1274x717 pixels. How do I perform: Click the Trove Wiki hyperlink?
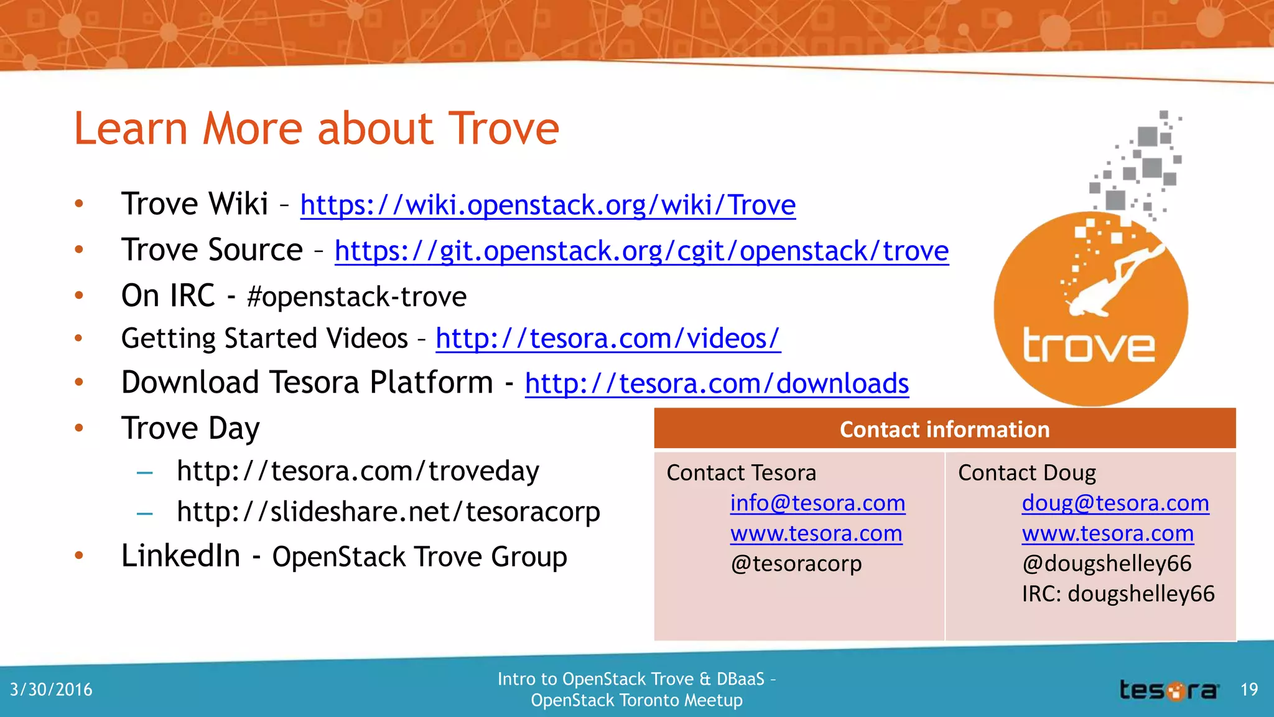tap(547, 205)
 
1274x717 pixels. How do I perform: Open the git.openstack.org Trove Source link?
tap(641, 251)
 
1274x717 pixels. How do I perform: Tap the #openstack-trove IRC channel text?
tap(356, 297)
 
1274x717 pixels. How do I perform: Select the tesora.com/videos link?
tap(608, 339)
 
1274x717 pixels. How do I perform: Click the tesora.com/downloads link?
tap(717, 383)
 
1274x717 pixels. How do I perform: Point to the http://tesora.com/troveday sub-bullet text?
tap(358, 471)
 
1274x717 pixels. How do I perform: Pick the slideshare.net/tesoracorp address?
tap(388, 512)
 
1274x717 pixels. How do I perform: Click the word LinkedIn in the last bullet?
tap(180, 556)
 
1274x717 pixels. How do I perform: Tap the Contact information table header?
tap(944, 429)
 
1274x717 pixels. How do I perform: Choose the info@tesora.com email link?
tap(817, 503)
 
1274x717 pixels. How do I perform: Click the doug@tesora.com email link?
tap(1115, 503)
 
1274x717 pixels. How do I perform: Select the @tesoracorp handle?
tap(796, 563)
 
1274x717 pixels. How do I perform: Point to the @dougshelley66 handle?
tap(1107, 563)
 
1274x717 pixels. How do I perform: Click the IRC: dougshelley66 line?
tap(1118, 594)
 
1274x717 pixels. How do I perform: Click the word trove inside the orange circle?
tap(1089, 346)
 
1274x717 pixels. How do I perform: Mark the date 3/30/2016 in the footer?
tap(51, 690)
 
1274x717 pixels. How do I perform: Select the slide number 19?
tap(1249, 690)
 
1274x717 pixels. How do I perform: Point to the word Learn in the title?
tap(131, 129)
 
